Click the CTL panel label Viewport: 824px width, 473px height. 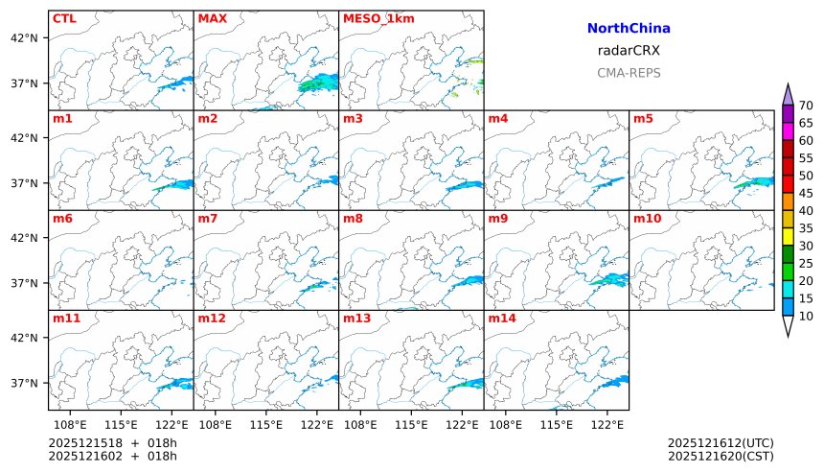(x=64, y=18)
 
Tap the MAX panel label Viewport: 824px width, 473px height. (x=212, y=18)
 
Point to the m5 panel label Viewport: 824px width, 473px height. (x=644, y=119)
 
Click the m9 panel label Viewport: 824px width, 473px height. (x=498, y=219)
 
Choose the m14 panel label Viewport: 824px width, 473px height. (x=502, y=318)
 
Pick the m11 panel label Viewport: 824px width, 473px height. (x=67, y=318)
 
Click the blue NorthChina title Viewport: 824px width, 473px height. (x=629, y=29)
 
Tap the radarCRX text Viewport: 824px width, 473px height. (x=629, y=51)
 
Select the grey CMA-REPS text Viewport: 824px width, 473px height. (x=629, y=73)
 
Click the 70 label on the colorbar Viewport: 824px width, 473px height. (x=806, y=106)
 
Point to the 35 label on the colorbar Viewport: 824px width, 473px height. (x=806, y=228)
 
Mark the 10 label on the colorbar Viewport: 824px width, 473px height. (x=806, y=316)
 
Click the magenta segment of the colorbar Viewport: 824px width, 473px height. (x=788, y=130)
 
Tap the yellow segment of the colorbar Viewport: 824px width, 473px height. (x=788, y=236)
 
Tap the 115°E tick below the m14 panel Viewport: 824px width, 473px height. (x=556, y=423)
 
